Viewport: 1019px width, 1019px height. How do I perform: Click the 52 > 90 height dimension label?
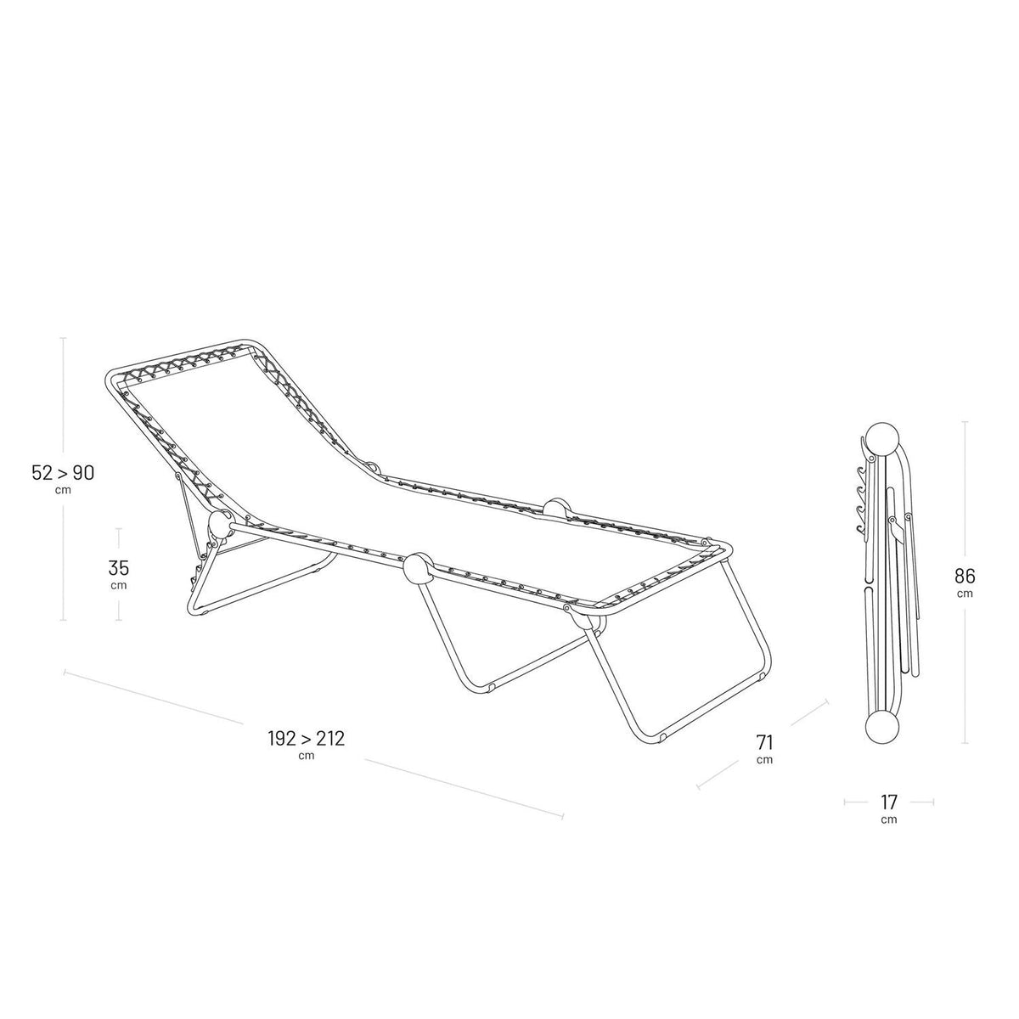(63, 473)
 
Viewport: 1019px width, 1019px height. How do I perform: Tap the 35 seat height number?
(118, 568)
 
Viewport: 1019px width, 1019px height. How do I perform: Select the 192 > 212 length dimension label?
(307, 738)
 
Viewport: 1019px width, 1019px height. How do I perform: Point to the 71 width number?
(764, 743)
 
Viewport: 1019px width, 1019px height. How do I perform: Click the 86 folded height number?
(965, 576)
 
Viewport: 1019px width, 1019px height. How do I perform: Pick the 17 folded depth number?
(889, 802)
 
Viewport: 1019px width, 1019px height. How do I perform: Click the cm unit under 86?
(965, 594)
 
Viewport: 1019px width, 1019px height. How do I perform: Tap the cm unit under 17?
(889, 819)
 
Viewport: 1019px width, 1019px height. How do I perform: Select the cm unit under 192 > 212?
(307, 756)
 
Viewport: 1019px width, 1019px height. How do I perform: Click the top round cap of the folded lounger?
(882, 438)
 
